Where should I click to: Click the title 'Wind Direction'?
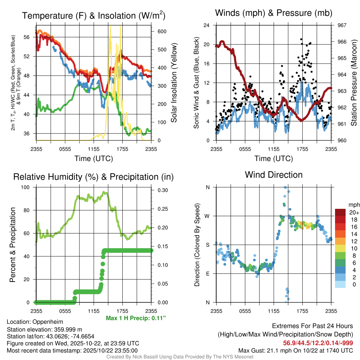pyautogui.click(x=274, y=175)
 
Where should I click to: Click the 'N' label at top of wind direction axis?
pyautogui.click(x=207, y=187)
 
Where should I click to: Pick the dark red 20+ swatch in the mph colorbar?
pyautogui.click(x=340, y=212)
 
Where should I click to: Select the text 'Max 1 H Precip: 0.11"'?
pyautogui.click(x=136, y=318)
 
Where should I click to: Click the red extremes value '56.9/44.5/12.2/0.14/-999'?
pyautogui.click(x=318, y=343)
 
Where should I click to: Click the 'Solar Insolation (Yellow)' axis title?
pyautogui.click(x=174, y=83)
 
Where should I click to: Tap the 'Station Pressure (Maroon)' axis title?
pyautogui.click(x=354, y=83)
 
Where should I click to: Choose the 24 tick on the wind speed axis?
pyautogui.click(x=207, y=25)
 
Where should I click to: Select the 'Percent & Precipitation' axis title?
pyautogui.click(x=12, y=245)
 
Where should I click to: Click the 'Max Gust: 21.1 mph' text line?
pyautogui.click(x=295, y=350)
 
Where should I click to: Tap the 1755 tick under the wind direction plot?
pyautogui.click(x=302, y=311)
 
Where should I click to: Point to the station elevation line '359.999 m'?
pyautogui.click(x=44, y=329)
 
